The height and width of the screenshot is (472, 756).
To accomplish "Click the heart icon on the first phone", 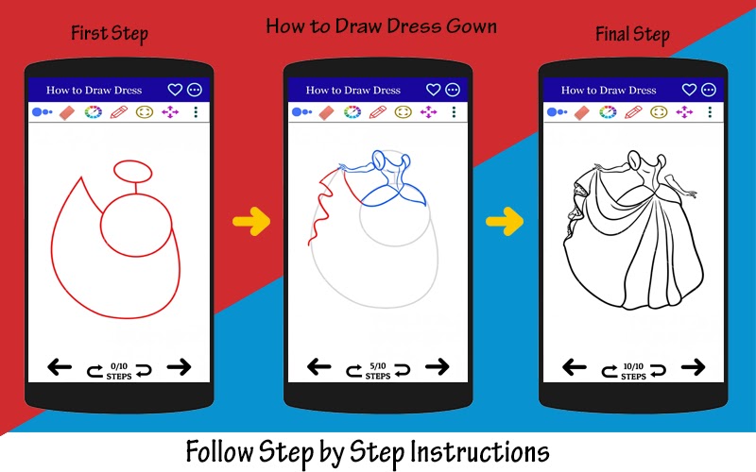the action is [175, 90].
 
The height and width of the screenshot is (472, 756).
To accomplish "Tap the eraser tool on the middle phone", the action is [326, 112].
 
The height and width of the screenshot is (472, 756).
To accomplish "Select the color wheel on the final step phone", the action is [608, 112].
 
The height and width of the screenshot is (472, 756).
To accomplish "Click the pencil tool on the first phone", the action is [119, 112].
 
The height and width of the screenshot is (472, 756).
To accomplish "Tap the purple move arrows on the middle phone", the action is [428, 112].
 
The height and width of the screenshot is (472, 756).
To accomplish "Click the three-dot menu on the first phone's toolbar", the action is [196, 112].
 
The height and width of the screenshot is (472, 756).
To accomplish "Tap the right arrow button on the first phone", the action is [179, 367].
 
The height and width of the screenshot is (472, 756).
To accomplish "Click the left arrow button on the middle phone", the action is [319, 367].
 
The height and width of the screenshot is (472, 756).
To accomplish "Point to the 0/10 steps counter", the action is [119, 371].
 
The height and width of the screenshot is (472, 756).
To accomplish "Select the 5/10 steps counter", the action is [378, 371].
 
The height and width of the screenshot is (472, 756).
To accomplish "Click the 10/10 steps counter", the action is [633, 371].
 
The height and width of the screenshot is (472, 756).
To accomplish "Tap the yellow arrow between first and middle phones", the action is [251, 222].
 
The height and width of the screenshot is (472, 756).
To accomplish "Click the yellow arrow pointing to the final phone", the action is [505, 222].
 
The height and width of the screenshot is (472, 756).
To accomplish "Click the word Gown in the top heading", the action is [471, 26].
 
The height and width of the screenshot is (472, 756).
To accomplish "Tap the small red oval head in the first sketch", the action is [133, 172].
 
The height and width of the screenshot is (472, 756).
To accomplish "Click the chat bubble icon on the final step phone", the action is [708, 90].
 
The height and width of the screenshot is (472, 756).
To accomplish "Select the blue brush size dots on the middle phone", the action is [301, 112].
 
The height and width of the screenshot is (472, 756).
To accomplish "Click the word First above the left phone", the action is [89, 33].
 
